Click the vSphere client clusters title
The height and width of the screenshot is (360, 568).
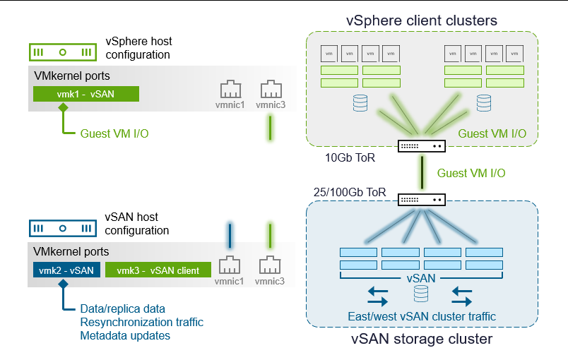coord(422,20)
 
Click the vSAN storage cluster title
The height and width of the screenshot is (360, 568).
coord(422,340)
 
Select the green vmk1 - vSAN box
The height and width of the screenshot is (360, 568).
coord(86,95)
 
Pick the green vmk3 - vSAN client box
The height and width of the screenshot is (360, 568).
coord(158,270)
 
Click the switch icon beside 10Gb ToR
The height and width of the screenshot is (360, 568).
coord(422,146)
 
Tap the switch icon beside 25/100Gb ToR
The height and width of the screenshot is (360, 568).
coord(422,200)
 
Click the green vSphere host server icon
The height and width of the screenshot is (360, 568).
coord(62,52)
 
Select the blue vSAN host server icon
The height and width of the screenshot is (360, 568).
coord(62,228)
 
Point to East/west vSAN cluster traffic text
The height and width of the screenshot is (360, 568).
coord(422,316)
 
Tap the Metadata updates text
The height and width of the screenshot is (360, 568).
coord(125,335)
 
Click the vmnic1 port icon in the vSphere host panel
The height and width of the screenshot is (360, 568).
coord(230,90)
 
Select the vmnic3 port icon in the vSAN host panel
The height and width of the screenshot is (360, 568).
coord(270,266)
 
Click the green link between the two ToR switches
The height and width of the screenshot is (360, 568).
coord(422,173)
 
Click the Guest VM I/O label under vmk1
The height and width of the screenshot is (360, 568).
coord(114,133)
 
